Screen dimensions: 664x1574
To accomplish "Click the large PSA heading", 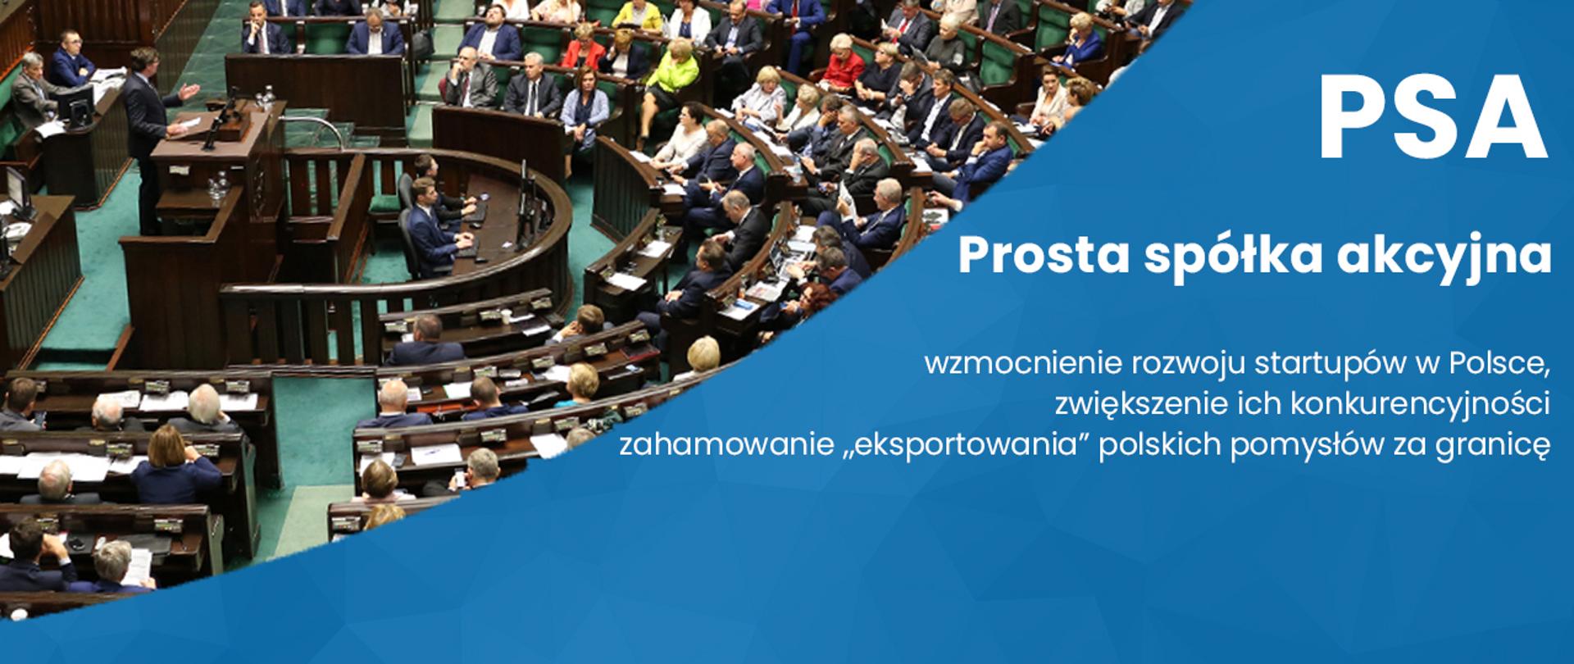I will (1432, 119).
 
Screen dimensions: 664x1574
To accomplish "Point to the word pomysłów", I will (1314, 447).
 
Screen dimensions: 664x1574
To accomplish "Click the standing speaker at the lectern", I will (148, 123).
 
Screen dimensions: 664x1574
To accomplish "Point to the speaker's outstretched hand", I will (191, 90).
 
